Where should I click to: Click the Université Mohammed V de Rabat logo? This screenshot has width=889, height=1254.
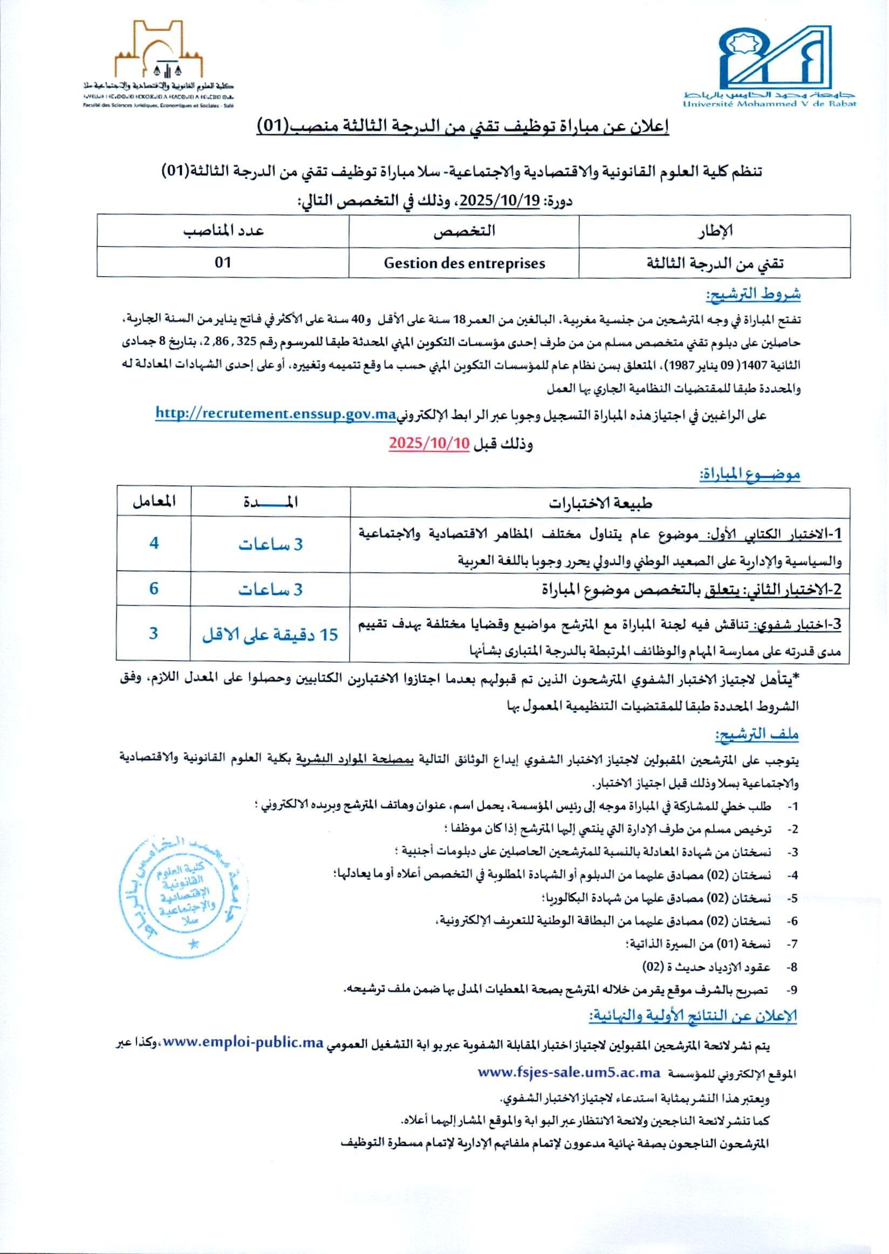(769, 63)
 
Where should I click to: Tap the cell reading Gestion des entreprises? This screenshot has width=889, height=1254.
(464, 263)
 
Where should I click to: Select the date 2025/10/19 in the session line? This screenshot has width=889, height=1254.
(500, 201)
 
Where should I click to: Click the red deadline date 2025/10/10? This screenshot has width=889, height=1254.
(429, 443)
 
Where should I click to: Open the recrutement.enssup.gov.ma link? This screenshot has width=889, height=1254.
(275, 414)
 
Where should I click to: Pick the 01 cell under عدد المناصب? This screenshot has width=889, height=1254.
(223, 263)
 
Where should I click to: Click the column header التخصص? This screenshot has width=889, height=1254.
(464, 231)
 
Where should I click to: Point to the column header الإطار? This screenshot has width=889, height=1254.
(714, 231)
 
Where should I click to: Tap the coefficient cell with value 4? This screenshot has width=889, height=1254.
(154, 544)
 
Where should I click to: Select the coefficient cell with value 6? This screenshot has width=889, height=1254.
(154, 589)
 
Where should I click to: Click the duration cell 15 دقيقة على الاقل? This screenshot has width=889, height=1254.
(270, 634)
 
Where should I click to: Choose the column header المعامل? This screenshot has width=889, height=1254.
(154, 502)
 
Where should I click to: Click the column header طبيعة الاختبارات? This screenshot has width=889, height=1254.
(600, 503)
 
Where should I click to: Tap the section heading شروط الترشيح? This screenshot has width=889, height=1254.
(753, 294)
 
